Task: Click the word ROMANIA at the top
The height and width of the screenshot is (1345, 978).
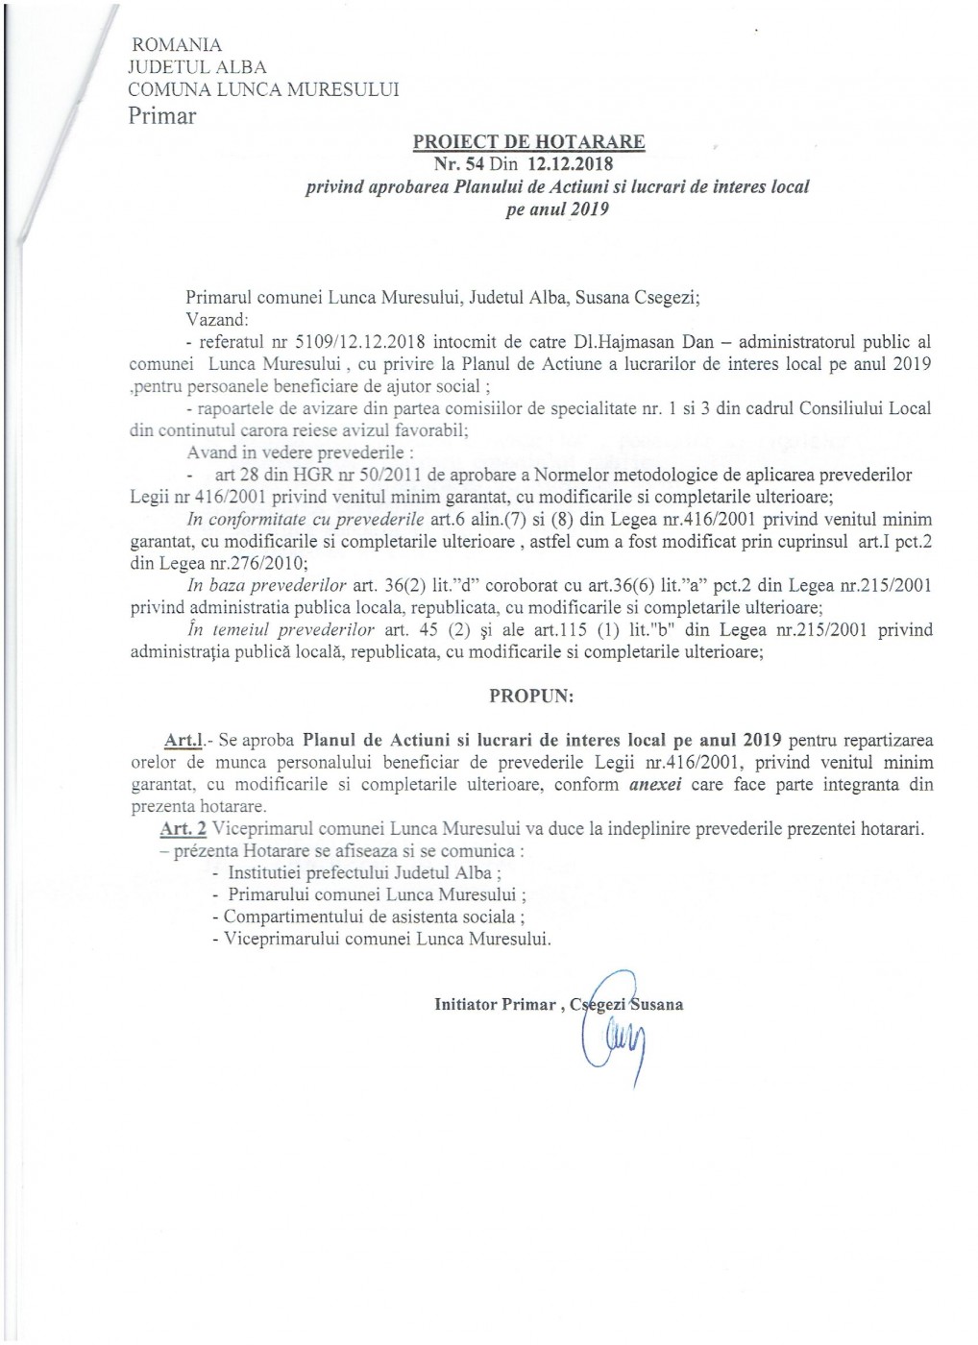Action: (176, 45)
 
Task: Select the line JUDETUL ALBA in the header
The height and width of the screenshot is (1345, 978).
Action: (198, 67)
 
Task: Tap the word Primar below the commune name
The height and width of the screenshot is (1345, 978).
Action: (162, 116)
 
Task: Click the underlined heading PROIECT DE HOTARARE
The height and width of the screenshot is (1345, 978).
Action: (528, 142)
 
